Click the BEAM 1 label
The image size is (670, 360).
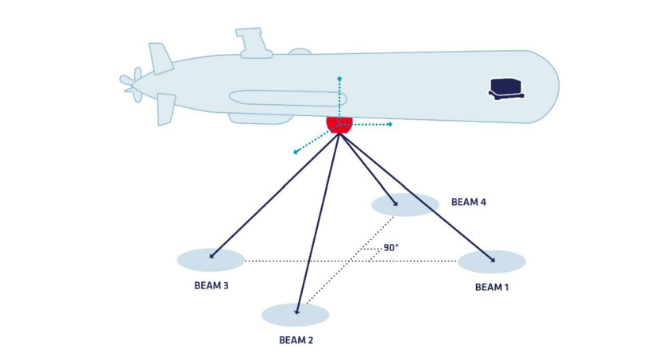[x=491, y=287]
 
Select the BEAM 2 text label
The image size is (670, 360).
[x=296, y=340]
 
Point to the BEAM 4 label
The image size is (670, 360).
[x=468, y=202]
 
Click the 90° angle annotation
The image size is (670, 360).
[x=390, y=248]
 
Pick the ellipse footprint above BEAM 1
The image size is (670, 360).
[x=491, y=261]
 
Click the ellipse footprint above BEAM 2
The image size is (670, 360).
[x=296, y=315]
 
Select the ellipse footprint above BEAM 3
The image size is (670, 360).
[x=211, y=260]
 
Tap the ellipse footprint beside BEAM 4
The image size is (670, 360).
[x=405, y=205]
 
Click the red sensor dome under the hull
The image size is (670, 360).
[x=339, y=124]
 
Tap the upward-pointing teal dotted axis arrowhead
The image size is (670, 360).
[x=339, y=79]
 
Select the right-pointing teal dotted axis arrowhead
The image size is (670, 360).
[x=389, y=124]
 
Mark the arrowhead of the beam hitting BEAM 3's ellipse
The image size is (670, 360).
[x=211, y=257]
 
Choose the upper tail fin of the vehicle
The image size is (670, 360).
[x=161, y=58]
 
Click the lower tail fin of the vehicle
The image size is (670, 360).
[x=165, y=108]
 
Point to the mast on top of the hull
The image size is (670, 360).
[x=253, y=42]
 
